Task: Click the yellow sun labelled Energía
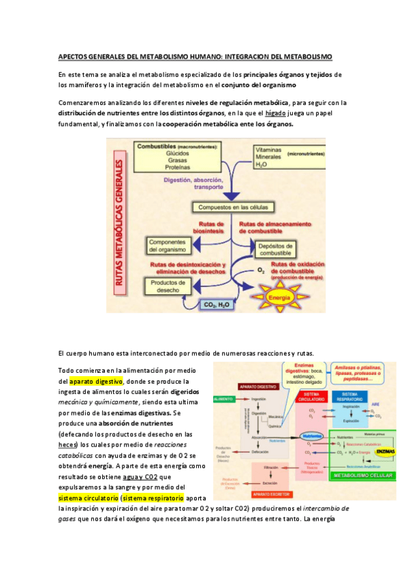point(271,298)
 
